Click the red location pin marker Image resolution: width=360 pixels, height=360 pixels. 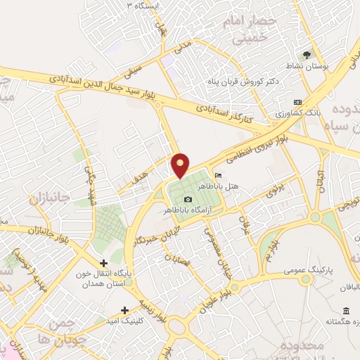[181, 165]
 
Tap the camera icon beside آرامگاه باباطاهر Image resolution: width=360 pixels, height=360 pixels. [187, 199]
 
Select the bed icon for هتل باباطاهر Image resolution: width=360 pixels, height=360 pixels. [218, 176]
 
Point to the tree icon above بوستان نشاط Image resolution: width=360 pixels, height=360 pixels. [307, 54]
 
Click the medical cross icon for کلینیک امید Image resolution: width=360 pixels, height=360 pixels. [125, 309]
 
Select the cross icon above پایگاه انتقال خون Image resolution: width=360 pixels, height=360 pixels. [103, 262]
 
